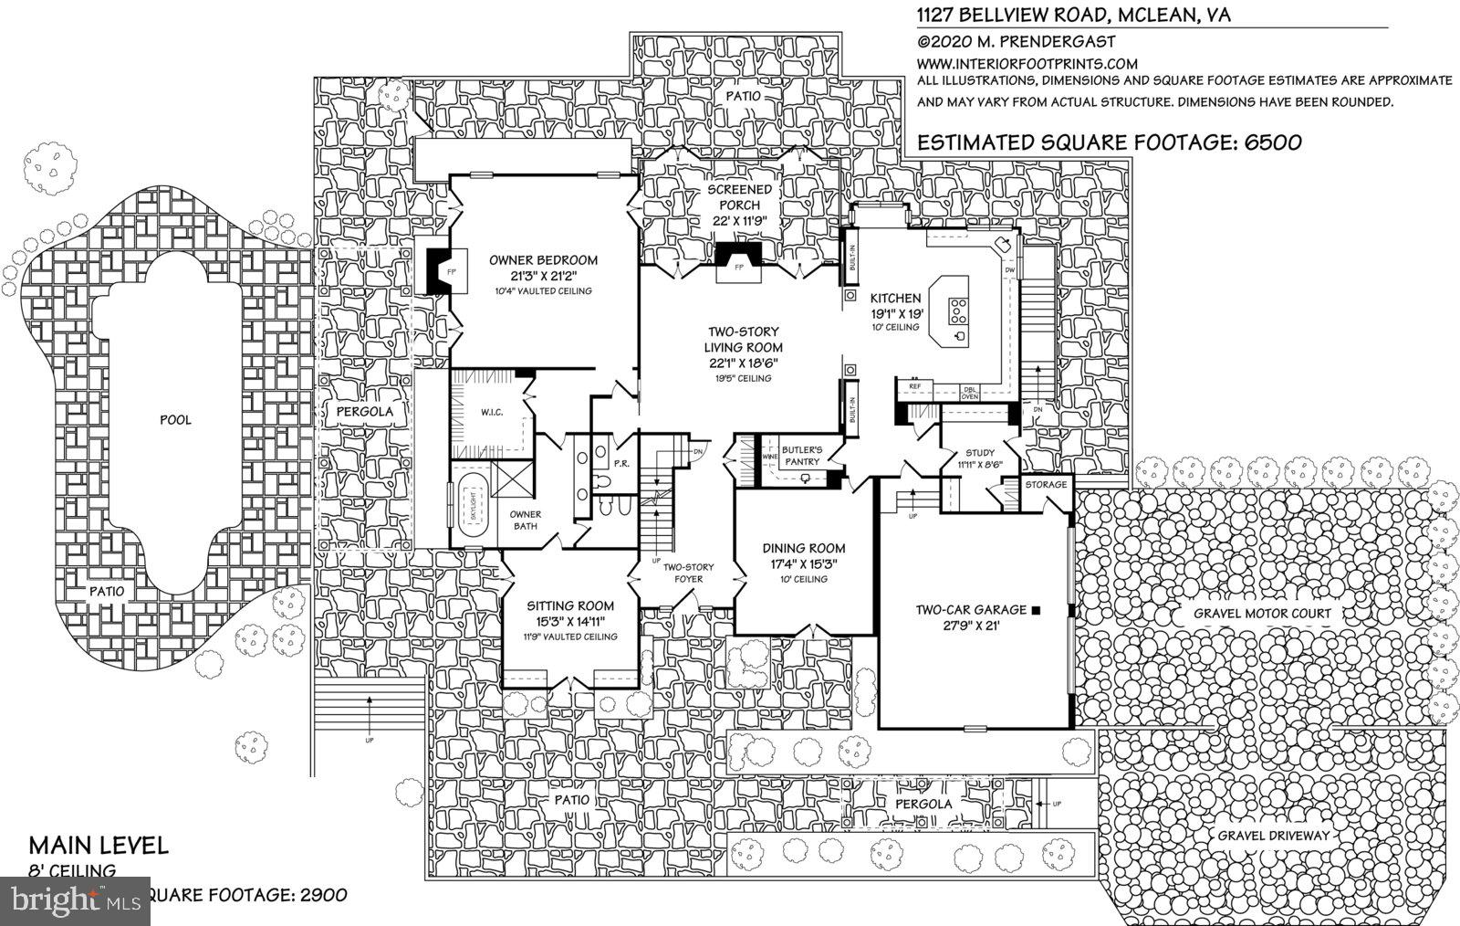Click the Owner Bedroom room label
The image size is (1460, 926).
[x=542, y=260]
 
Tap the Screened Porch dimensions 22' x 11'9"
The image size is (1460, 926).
[x=740, y=221]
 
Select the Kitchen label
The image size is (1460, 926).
[x=894, y=299]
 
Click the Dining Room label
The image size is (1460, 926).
[x=804, y=548]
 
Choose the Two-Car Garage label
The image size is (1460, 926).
[x=971, y=609]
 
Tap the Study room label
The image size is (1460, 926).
[x=973, y=453]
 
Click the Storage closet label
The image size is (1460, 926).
[x=1045, y=484]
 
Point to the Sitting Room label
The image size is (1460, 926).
[x=570, y=605]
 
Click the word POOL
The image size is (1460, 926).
[x=175, y=420]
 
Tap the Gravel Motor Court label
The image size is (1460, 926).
[x=1262, y=614]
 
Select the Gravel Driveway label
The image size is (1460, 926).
[x=1273, y=835]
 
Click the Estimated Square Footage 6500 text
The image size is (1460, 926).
[x=1109, y=142]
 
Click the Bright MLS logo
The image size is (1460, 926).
[x=73, y=901]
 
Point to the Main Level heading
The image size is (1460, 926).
[x=99, y=845]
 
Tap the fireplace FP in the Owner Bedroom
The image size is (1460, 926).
[x=450, y=272]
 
